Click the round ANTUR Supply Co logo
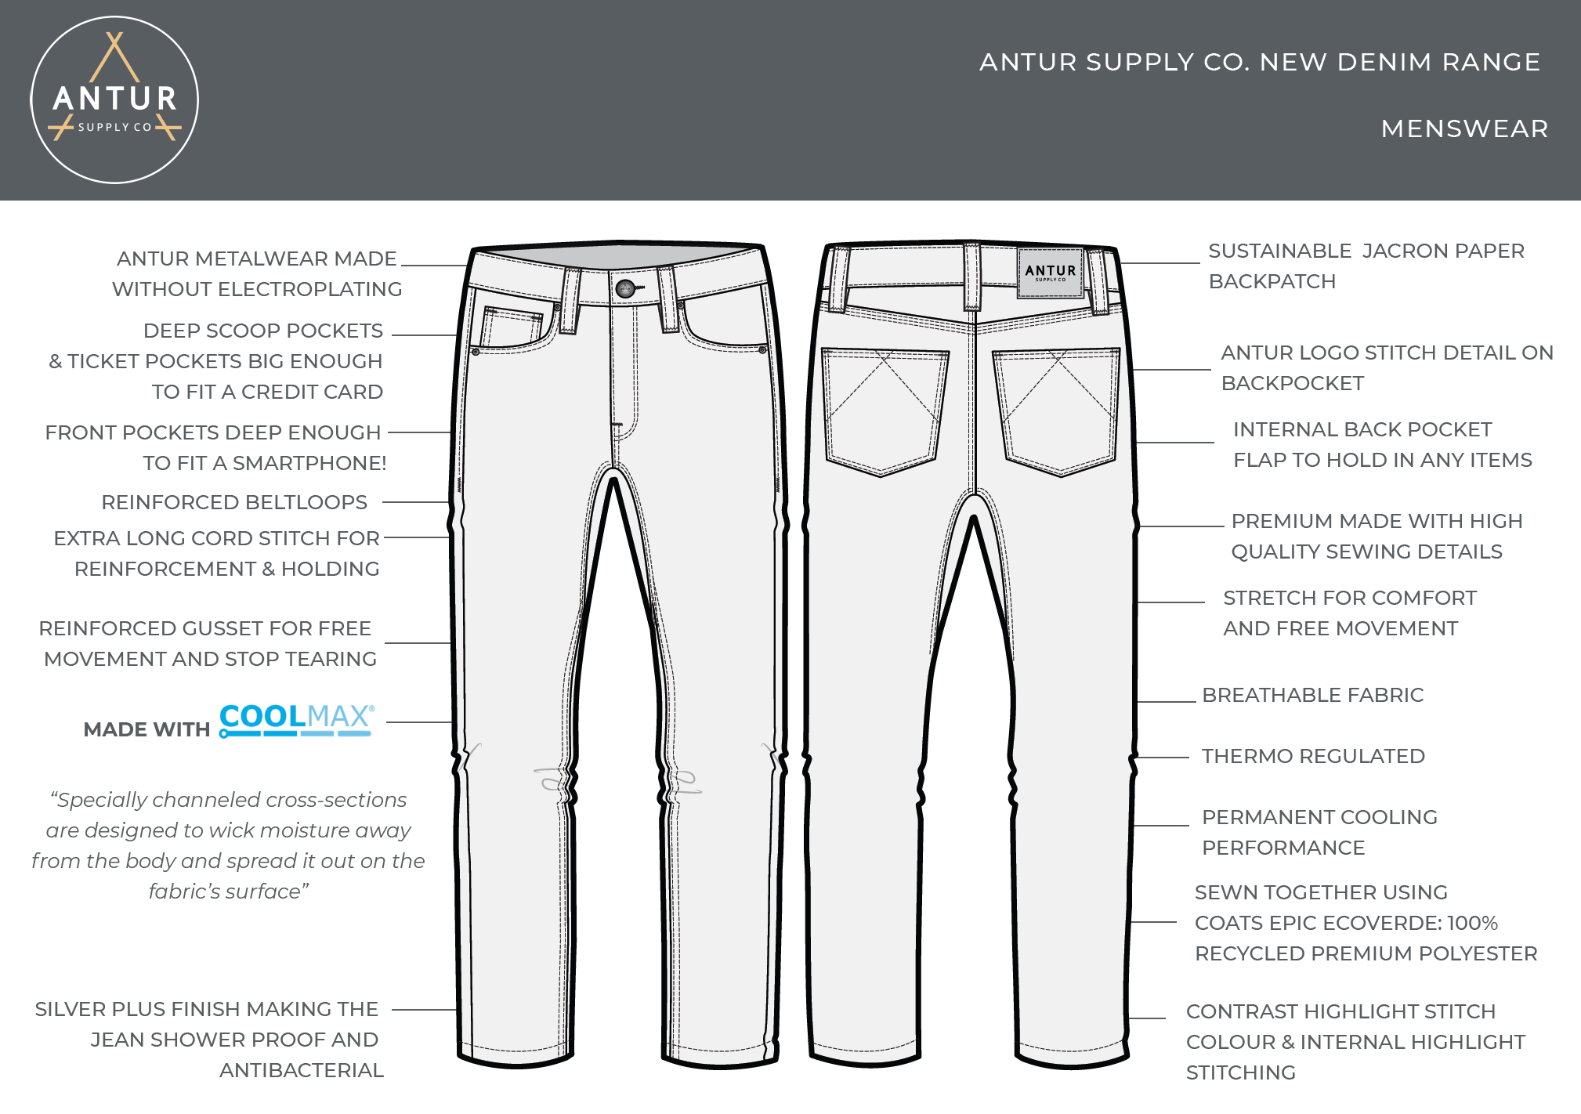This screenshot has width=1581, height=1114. point(114,100)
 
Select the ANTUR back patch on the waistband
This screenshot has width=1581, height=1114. point(1050,273)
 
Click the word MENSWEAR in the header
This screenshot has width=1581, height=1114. point(1464,128)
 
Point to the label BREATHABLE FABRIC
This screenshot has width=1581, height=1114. point(1312,695)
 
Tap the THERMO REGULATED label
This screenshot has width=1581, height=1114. point(1313,756)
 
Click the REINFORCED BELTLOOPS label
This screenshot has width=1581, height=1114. point(234,502)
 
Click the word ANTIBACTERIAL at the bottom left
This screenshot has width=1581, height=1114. point(302,1070)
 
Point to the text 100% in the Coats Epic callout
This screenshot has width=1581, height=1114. point(1472,923)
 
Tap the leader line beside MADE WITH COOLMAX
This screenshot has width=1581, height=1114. point(419,722)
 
